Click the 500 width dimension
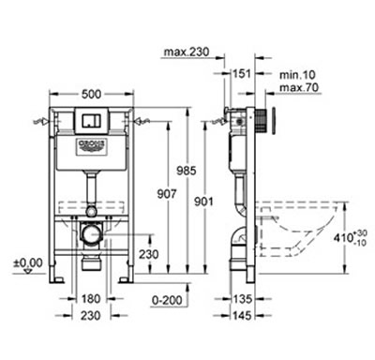[x=91, y=94]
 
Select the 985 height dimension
[x=187, y=171]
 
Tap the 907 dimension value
[x=167, y=194]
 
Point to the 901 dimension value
[x=204, y=202]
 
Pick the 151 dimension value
[x=242, y=73]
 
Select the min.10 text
[x=297, y=75]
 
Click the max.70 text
[x=299, y=87]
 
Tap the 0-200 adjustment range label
[x=167, y=300]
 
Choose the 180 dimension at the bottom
[x=91, y=299]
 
